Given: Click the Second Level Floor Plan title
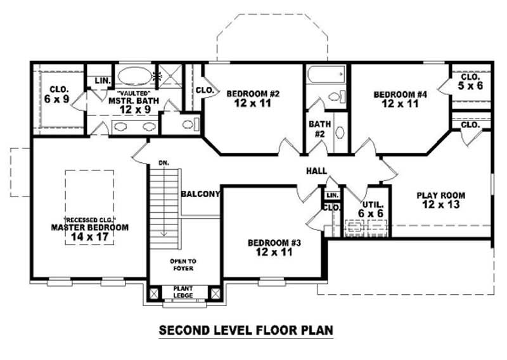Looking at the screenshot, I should pyautogui.click(x=245, y=330).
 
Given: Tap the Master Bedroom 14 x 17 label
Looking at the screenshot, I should pyautogui.click(x=89, y=232).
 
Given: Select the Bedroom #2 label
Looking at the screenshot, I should pyautogui.click(x=253, y=99).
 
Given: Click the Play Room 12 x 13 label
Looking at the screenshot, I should pyautogui.click(x=440, y=200).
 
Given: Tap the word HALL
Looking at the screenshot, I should pyautogui.click(x=316, y=170).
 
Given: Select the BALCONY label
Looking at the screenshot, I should pyautogui.click(x=200, y=194).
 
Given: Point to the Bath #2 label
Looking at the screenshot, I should pyautogui.click(x=316, y=129).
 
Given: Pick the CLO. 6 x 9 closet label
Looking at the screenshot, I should pyautogui.click(x=56, y=95).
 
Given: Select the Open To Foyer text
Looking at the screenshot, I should pyautogui.click(x=183, y=264).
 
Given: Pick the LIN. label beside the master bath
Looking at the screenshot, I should pyautogui.click(x=101, y=81).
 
